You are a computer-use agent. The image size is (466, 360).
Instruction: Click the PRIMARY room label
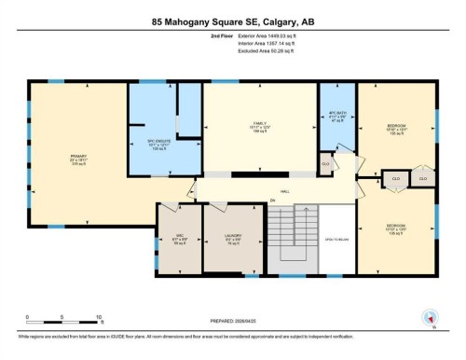click(x=77, y=156)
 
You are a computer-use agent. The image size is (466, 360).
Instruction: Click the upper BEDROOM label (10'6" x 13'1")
click(x=397, y=129)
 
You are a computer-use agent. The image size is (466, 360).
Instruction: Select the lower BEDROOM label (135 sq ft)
click(x=397, y=228)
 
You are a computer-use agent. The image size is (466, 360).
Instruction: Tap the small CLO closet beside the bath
click(x=325, y=165)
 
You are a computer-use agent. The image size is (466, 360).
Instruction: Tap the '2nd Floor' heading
click(x=196, y=36)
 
